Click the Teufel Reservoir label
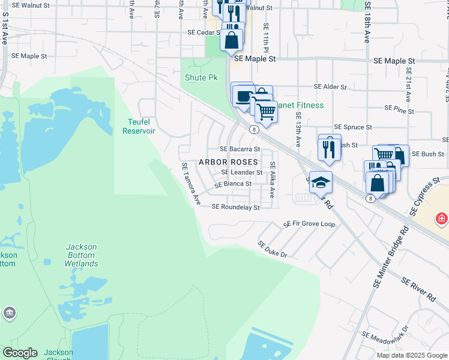[139, 126]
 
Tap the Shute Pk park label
[201, 78]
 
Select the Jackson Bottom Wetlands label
[81, 255]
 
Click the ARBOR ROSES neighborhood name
[228, 163]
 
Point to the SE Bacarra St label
[240, 149]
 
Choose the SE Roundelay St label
[235, 207]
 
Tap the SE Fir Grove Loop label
[309, 224]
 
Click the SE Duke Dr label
[273, 250]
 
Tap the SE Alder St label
[327, 87]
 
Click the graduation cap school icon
[321, 182]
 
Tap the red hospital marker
[442, 218]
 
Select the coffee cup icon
[243, 95]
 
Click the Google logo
[20, 353]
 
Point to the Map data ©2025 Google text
[412, 355]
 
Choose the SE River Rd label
[418, 289]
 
